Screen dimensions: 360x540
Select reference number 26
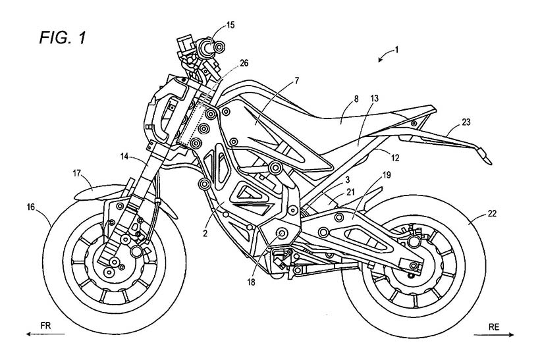[244, 63]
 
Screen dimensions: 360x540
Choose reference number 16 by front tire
[31, 206]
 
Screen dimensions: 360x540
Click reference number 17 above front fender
[76, 173]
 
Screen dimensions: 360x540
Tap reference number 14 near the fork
[124, 156]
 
